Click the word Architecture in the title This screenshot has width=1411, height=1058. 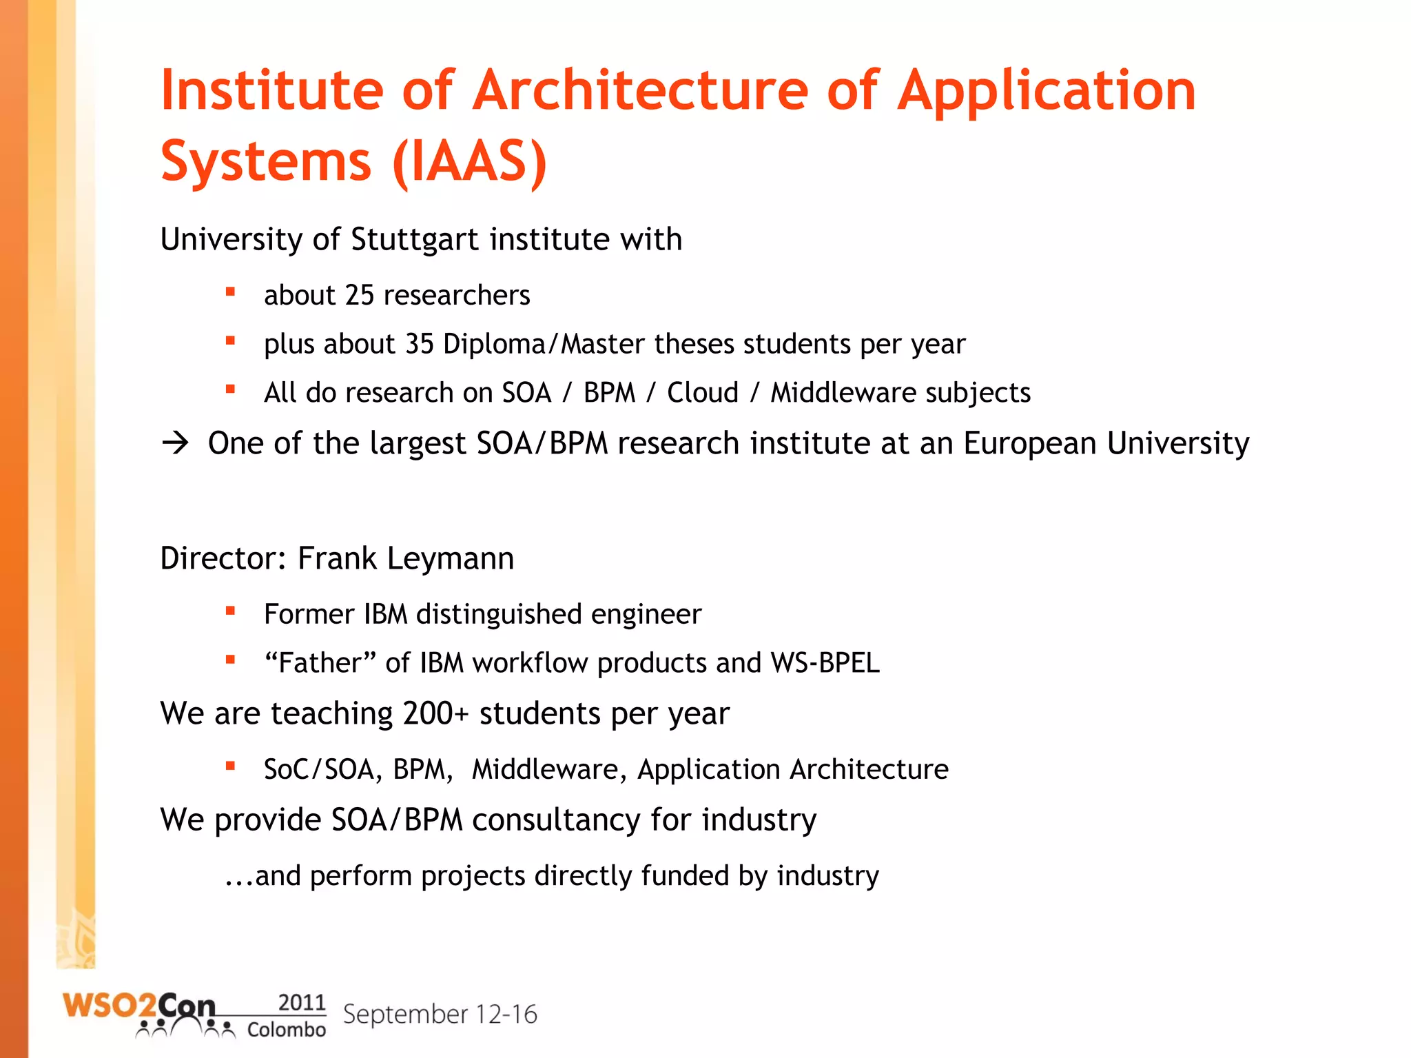[x=640, y=90]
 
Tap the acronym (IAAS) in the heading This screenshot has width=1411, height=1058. [x=470, y=162]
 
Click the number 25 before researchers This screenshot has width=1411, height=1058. [x=359, y=295]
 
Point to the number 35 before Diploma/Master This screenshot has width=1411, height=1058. [x=419, y=344]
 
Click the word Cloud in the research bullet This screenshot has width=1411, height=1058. [x=702, y=393]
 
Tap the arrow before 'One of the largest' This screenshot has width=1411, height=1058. [x=176, y=442]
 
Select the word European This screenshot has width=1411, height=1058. [x=1029, y=443]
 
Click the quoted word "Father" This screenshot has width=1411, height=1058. [x=320, y=663]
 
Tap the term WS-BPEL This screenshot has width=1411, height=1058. [x=825, y=663]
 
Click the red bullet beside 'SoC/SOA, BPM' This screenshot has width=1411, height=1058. [x=230, y=765]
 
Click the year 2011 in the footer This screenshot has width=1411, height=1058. [x=301, y=1002]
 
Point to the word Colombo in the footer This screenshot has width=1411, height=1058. [x=286, y=1030]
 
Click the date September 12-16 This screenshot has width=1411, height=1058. [x=440, y=1015]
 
